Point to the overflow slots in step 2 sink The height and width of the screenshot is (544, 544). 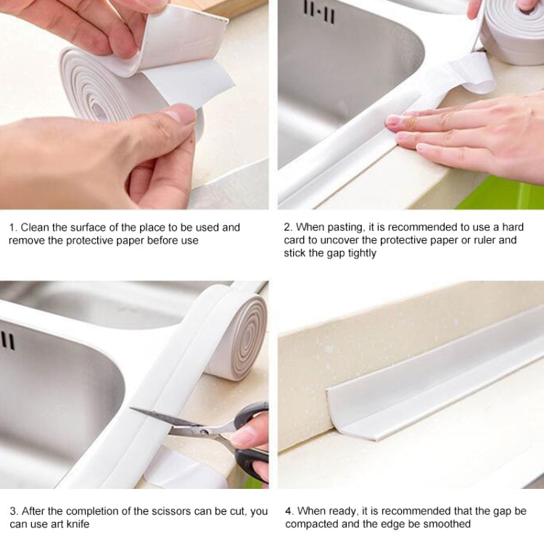pos(321,12)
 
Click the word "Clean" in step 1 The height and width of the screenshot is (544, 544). pos(36,227)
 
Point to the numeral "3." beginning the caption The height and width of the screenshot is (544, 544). pos(13,511)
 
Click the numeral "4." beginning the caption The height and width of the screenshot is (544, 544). pos(289,511)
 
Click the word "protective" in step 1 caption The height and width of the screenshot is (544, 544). pos(94,240)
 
